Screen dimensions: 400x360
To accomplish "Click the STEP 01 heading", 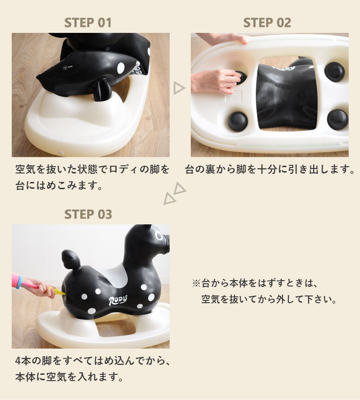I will pyautogui.click(x=88, y=23).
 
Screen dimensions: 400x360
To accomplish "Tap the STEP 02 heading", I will pyautogui.click(x=267, y=23).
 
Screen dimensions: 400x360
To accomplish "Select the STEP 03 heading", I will pyautogui.click(x=88, y=214).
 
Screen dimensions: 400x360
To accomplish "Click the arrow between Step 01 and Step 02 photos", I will pyautogui.click(x=179, y=88).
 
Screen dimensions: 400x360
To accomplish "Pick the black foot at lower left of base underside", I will pyautogui.click(x=238, y=121).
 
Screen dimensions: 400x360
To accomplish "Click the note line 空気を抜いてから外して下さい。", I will pyautogui.click(x=269, y=299).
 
